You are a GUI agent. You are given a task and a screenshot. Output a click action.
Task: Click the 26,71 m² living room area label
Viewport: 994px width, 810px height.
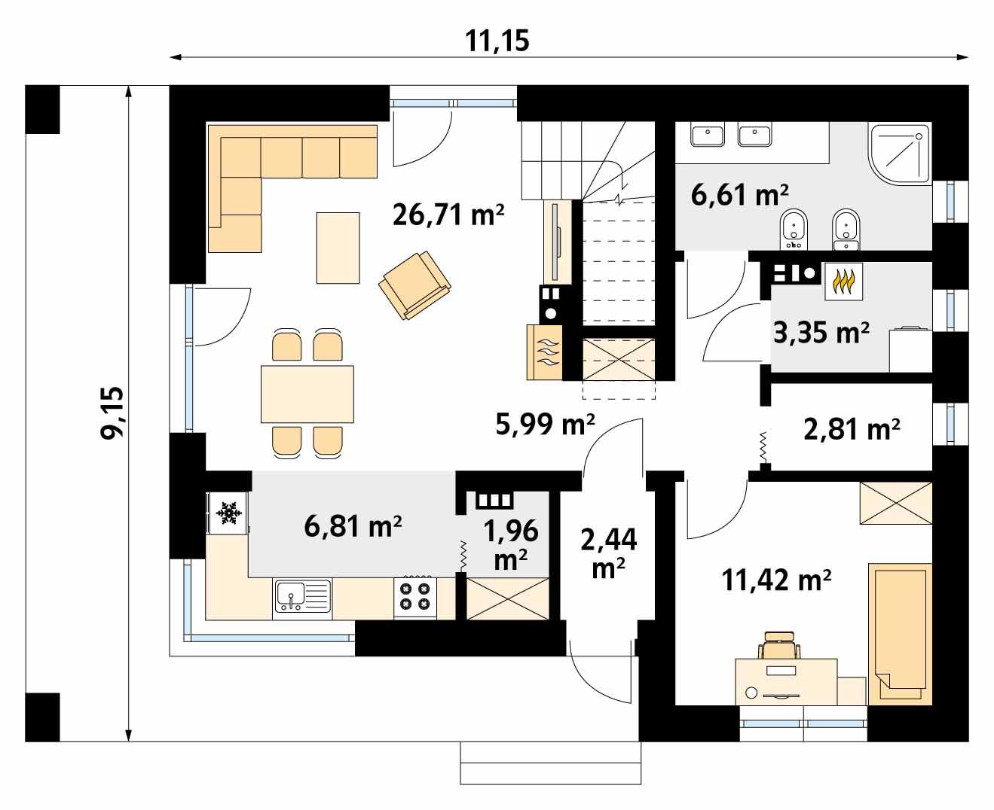point(448,215)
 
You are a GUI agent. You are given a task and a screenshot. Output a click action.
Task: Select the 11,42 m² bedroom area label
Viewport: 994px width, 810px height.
point(776,580)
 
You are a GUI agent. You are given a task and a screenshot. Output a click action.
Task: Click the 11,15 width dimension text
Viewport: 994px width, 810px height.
point(497,41)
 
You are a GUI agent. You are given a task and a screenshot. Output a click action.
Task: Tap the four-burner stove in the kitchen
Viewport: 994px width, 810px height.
point(415,597)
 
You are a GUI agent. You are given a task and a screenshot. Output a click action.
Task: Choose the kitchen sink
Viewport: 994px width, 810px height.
point(301,596)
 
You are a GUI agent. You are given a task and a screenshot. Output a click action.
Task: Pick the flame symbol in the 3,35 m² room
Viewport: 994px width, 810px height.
point(843,282)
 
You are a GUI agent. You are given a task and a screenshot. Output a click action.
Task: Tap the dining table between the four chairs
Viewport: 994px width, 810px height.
point(307,394)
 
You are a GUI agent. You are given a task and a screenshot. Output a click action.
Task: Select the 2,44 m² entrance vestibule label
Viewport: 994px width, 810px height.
point(609,553)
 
